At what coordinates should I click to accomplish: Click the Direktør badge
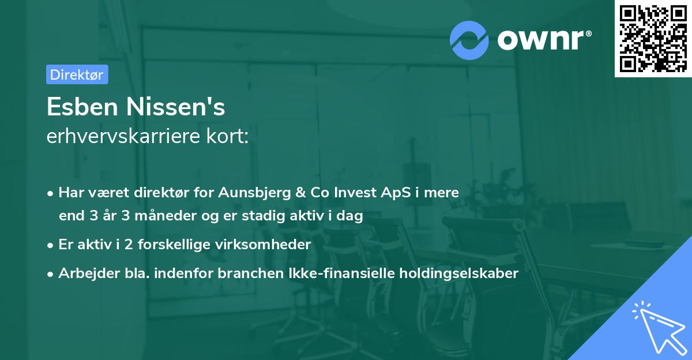pos(77,74)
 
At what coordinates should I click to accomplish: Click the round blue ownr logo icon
pos(470,40)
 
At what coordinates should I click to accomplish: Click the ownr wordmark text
pos(542,40)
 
